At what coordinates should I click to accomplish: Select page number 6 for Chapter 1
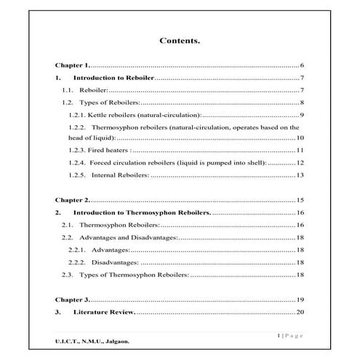tap(301, 65)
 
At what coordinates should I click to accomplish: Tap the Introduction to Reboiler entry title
tap(113, 78)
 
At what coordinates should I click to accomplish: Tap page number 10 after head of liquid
tap(300, 137)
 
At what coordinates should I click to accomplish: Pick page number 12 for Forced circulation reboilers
tap(300, 162)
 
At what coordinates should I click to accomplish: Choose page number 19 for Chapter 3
tap(300, 300)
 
